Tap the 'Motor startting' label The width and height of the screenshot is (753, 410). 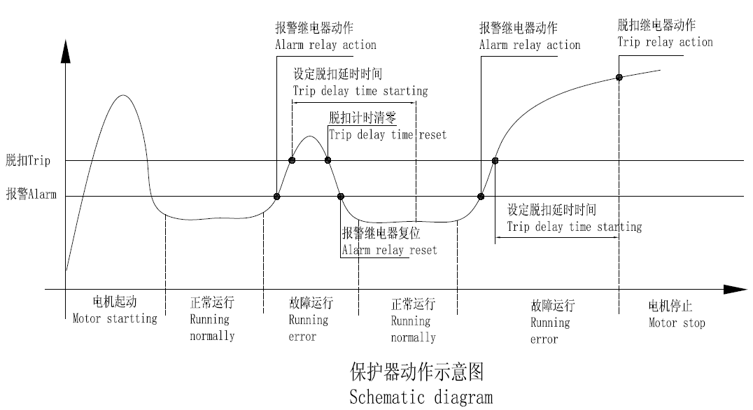[115, 318]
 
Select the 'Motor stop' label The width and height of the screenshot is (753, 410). [677, 323]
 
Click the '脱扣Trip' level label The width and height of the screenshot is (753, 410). [28, 161]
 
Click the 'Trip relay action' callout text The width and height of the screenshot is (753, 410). [665, 42]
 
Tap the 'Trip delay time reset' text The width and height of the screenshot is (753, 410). [388, 134]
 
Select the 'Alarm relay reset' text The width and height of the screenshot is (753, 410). [389, 250]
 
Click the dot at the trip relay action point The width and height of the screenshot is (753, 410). [619, 77]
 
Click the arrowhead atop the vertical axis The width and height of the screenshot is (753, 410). [66, 50]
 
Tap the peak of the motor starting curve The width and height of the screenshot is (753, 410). [124, 94]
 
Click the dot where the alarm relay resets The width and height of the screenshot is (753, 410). [341, 197]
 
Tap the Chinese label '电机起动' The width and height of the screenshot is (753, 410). [114, 302]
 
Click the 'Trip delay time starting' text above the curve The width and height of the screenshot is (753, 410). [360, 90]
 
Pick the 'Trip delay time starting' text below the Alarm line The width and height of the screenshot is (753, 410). [574, 227]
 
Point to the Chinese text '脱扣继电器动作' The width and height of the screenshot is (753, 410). [656, 25]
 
